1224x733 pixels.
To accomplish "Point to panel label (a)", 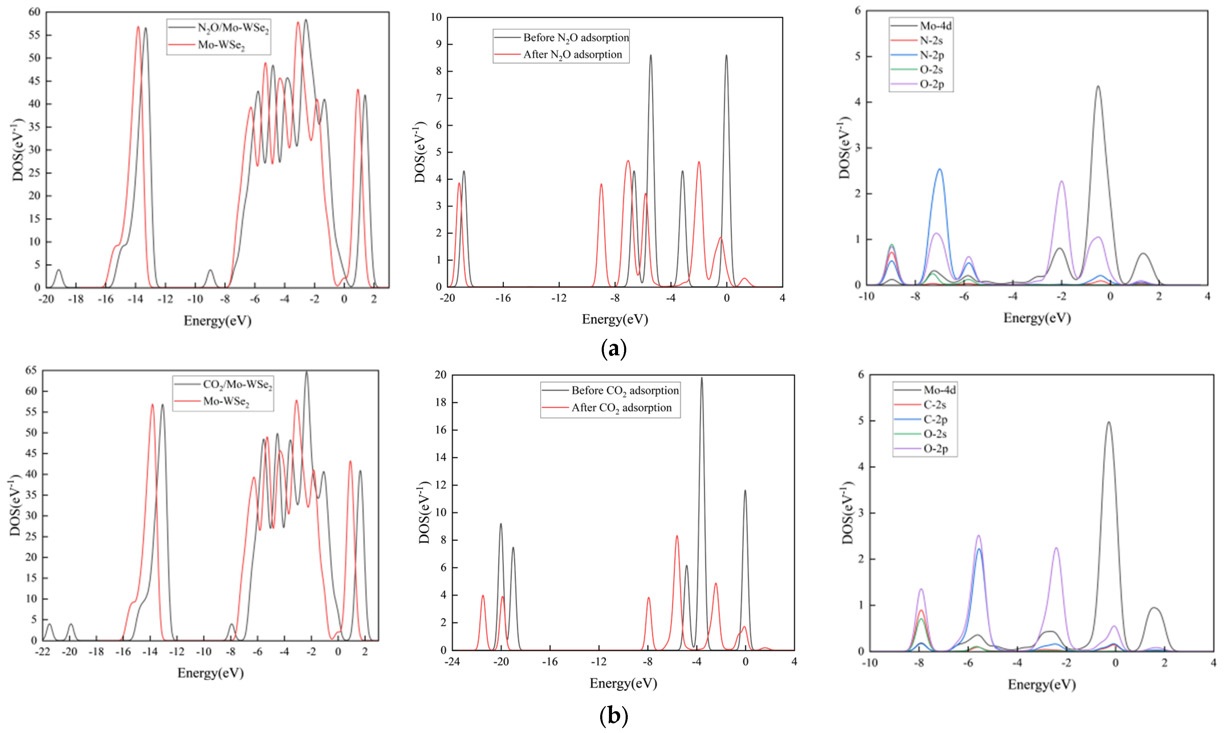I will [614, 349].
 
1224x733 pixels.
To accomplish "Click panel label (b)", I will [614, 715].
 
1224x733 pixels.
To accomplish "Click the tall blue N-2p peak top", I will [939, 169].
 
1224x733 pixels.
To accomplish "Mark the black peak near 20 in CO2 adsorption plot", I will [701, 378].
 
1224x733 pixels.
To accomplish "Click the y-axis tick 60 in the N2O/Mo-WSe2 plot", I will [34, 12].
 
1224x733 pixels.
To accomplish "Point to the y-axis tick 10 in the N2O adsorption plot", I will [435, 17].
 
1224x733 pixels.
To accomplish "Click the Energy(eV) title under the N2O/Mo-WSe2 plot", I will [218, 321].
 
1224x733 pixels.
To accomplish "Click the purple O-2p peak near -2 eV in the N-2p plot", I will [1061, 182].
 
